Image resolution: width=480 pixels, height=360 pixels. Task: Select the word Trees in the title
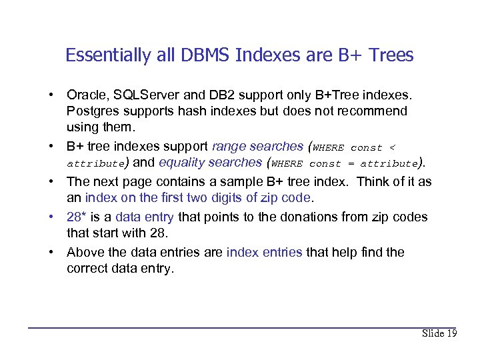point(392,55)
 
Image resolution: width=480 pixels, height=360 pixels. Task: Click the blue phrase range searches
point(257,147)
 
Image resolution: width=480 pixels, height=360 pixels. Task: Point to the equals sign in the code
point(350,163)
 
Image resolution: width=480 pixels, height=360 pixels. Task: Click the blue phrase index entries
point(264,252)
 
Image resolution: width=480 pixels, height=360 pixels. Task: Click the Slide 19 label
point(439,333)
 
